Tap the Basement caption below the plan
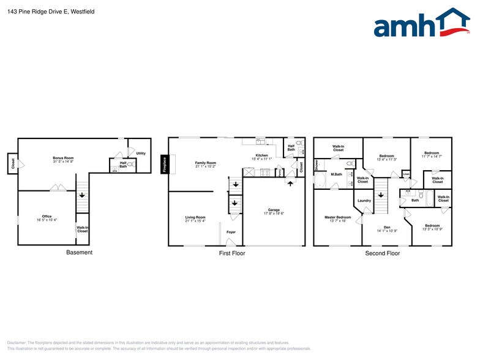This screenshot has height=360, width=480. coord(79,253)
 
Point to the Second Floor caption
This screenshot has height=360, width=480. coord(382,253)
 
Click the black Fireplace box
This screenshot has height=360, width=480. coord(164,163)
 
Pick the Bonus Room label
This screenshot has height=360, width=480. coord(63,158)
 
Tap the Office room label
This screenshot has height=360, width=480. coord(47,216)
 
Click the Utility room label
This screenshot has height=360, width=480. coord(141,153)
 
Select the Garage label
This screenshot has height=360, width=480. coord(274,210)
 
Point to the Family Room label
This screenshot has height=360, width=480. coord(206,162)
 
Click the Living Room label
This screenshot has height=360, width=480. coord(195,217)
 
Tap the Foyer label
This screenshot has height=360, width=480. coord(231,232)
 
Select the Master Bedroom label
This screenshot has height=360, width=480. coord(337,217)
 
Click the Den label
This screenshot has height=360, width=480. coord(386,227)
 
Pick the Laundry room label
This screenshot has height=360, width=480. coord(364,201)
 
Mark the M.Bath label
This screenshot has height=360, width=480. coord(336,174)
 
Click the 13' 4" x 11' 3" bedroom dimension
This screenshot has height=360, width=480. coord(386,160)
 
